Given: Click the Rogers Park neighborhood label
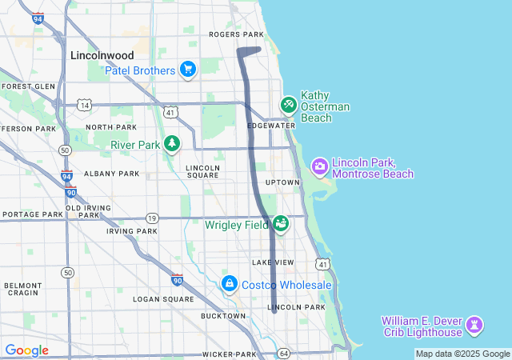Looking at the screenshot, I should pyautogui.click(x=236, y=34).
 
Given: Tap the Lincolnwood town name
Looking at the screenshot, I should pyautogui.click(x=102, y=55).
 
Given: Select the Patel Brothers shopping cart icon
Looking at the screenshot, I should pyautogui.click(x=188, y=70).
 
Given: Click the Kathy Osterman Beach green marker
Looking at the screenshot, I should pyautogui.click(x=288, y=105).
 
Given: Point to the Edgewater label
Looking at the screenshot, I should pyautogui.click(x=271, y=126).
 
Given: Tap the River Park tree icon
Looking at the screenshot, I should pyautogui.click(x=171, y=144).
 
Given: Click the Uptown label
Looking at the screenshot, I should pyautogui.click(x=282, y=182).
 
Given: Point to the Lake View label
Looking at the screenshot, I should pyautogui.click(x=273, y=262).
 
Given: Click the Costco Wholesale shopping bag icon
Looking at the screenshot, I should pyautogui.click(x=230, y=285).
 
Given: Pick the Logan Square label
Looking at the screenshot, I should pyautogui.click(x=163, y=299).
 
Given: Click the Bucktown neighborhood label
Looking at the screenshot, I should pyautogui.click(x=224, y=316).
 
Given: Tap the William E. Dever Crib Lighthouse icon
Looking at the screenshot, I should pyautogui.click(x=476, y=325).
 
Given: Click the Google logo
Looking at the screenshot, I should pyautogui.click(x=26, y=350).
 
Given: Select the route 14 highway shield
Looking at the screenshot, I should pyautogui.click(x=83, y=105).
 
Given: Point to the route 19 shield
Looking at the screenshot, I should pyautogui.click(x=152, y=218).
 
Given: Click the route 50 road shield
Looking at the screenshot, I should pyautogui.click(x=68, y=273).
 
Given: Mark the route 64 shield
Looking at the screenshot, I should pyautogui.click(x=283, y=353).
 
